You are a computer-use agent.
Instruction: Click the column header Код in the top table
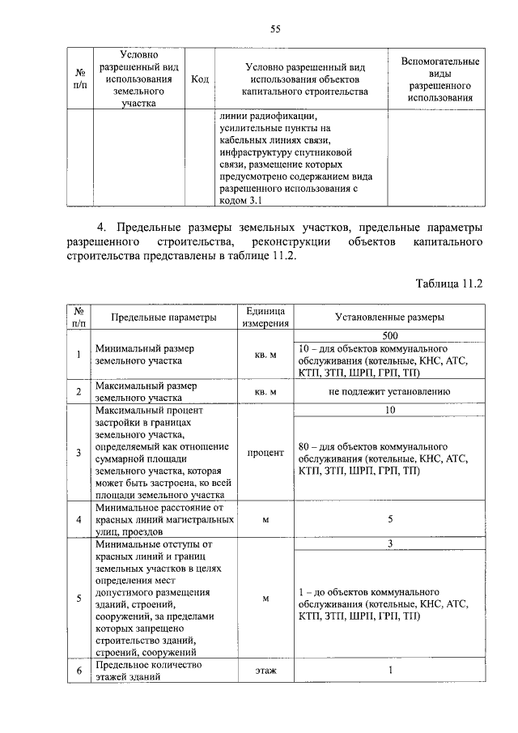tap(200, 79)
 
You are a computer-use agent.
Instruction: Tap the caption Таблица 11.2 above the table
tap(449, 284)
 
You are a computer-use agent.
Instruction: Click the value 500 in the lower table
tap(389, 335)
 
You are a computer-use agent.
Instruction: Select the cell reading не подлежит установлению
tap(389, 392)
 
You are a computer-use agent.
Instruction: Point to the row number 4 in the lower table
tap(79, 519)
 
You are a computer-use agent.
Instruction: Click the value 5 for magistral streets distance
tap(389, 519)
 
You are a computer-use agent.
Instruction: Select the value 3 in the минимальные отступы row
tap(389, 543)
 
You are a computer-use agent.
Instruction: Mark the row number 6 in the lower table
tap(79, 671)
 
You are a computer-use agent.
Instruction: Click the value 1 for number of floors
tap(389, 671)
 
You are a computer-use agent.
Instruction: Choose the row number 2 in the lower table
tap(79, 392)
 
